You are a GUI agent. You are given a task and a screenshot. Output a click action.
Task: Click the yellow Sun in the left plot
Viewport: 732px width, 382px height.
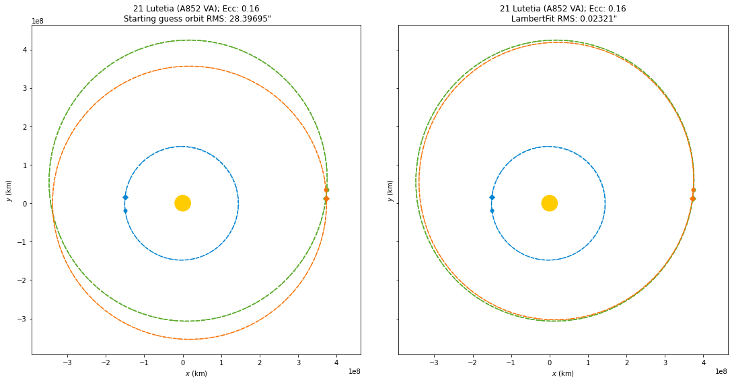[182, 203]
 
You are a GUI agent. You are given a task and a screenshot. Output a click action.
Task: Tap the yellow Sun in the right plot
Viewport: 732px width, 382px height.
[549, 203]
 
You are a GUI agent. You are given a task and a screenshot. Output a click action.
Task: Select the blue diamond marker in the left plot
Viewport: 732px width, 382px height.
[125, 197]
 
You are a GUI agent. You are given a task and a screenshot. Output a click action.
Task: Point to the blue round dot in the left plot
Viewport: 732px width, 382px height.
[125, 211]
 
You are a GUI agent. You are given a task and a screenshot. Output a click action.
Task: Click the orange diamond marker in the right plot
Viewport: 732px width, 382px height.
[692, 198]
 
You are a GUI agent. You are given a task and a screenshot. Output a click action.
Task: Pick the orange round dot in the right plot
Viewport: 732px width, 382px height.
[693, 190]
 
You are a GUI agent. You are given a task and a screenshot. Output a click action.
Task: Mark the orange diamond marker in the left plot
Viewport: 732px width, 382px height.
[326, 198]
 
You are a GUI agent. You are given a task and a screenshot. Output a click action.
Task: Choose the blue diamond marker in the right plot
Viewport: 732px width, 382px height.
[492, 197]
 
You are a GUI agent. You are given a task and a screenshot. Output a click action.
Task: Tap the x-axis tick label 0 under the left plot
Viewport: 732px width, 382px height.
[182, 362]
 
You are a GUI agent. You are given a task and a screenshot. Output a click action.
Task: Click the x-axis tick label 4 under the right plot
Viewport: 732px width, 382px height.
[704, 362]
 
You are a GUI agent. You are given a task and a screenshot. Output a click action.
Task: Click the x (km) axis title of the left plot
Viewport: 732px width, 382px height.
[196, 373]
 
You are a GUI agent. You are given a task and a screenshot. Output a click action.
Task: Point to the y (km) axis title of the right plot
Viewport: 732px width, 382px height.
[390, 190]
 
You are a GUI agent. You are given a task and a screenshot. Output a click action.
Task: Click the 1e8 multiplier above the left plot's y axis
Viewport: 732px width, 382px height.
[38, 21]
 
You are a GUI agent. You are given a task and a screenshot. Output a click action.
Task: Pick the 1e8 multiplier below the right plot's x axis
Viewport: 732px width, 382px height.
[721, 371]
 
